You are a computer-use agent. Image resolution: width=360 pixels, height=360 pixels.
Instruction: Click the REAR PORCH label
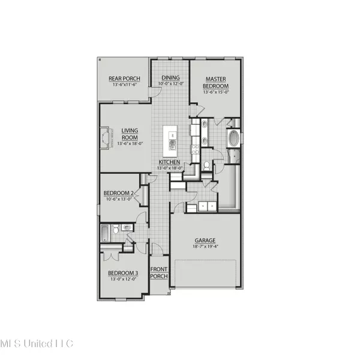point(124,79)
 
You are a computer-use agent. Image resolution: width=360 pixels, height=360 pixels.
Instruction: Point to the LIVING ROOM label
point(130,134)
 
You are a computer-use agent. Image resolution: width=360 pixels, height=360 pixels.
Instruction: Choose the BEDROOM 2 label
point(118,193)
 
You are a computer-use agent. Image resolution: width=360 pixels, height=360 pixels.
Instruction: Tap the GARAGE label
point(205,240)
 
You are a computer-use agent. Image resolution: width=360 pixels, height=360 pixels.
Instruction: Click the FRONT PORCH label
point(159,272)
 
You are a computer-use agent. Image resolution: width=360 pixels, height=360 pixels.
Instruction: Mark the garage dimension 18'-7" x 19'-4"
point(205,247)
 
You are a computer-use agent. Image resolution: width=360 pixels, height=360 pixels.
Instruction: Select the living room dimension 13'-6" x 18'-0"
point(130,144)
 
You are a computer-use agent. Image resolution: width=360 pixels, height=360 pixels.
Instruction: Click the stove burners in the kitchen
point(194,151)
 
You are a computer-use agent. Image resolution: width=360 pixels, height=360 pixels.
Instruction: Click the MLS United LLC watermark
point(36,343)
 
